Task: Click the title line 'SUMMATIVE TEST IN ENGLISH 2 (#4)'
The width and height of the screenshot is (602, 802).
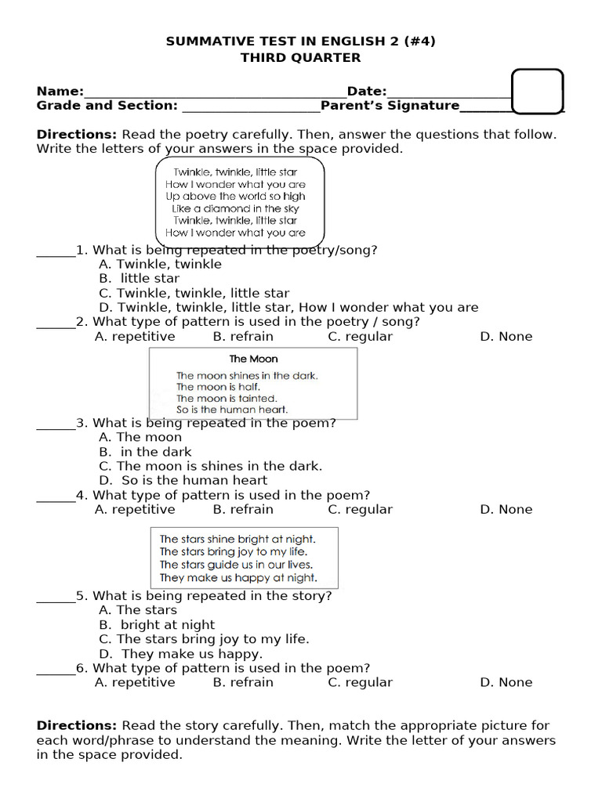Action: click(x=301, y=42)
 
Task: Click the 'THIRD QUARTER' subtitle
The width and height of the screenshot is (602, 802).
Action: click(x=301, y=57)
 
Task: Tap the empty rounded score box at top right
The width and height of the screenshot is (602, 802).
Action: click(x=537, y=92)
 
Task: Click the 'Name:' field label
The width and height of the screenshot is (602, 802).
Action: click(x=60, y=92)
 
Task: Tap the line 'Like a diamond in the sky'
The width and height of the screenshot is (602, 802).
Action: click(x=236, y=209)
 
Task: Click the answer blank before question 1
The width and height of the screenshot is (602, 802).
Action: click(x=56, y=251)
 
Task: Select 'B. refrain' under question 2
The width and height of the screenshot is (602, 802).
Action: click(x=243, y=337)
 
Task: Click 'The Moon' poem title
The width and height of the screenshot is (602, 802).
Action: click(x=253, y=359)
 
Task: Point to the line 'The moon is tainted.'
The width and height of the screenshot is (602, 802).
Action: click(x=227, y=398)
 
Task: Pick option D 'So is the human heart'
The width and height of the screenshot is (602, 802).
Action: click(x=183, y=481)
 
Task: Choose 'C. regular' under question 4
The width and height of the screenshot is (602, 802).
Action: click(x=360, y=510)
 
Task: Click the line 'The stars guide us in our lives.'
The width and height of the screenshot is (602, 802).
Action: click(x=236, y=565)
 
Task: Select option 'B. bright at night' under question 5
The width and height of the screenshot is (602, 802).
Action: click(x=157, y=625)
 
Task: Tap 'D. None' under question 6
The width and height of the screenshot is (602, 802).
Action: click(x=506, y=683)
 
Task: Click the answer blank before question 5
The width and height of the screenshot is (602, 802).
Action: click(x=56, y=597)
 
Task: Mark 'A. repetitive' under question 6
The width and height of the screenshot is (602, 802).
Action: click(x=135, y=683)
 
